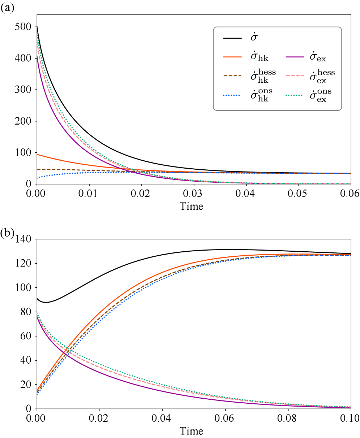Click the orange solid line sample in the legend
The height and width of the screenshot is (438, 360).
tap(232, 57)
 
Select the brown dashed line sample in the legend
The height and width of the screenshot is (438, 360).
tap(232, 76)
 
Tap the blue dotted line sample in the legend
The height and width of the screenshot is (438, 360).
tap(231, 95)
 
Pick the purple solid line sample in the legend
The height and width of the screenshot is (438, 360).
tap(295, 57)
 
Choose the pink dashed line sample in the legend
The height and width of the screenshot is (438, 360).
tap(295, 76)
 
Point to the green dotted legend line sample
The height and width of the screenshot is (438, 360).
tap(294, 95)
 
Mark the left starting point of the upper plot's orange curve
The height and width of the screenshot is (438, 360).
tap(38, 155)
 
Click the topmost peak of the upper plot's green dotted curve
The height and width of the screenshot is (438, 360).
tap(38, 34)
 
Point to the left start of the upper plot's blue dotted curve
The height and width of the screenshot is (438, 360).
tap(38, 178)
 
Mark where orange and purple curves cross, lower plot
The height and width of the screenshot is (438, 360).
tap(65, 351)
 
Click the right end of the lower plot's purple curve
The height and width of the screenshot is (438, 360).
tap(350, 408)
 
